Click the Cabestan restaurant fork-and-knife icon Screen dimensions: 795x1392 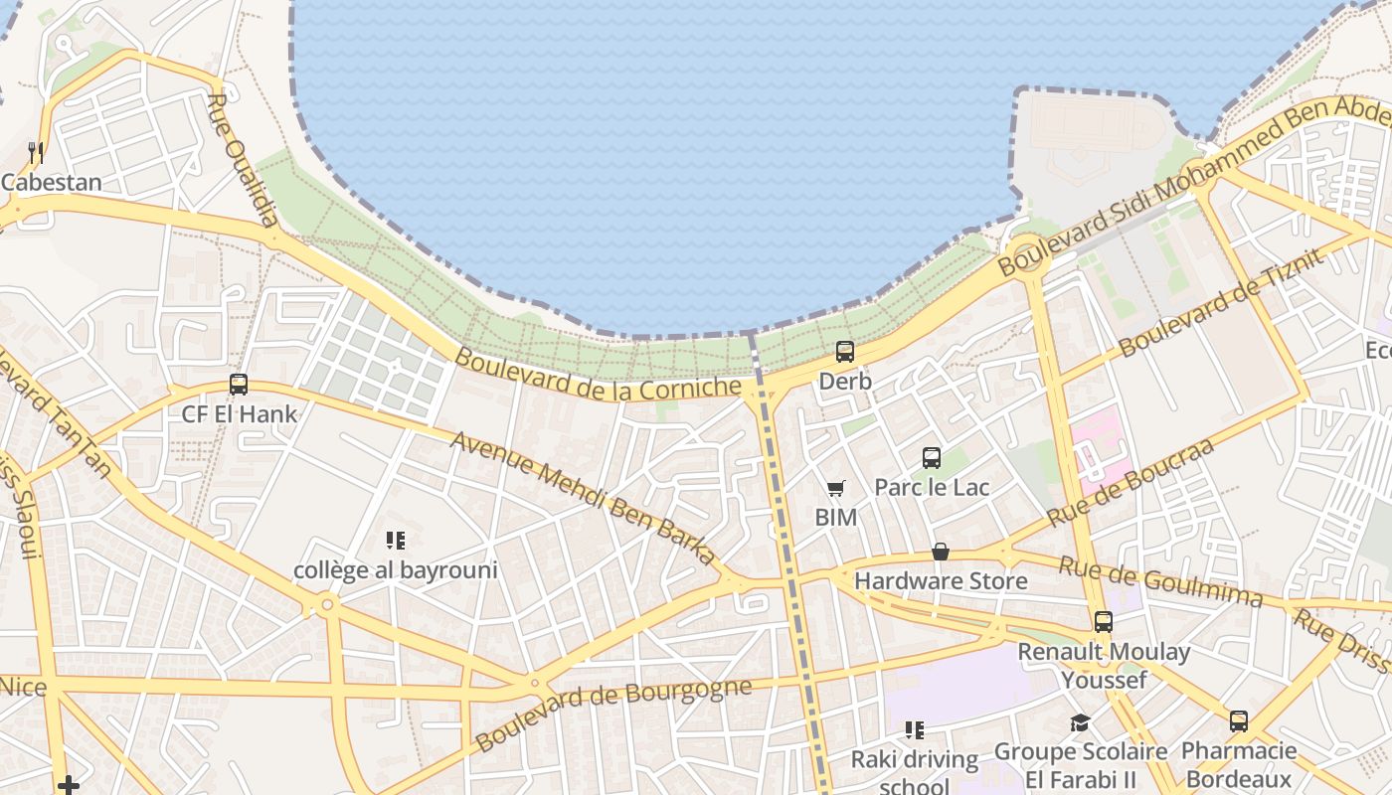pyautogui.click(x=36, y=152)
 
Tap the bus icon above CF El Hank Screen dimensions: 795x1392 pyautogui.click(x=239, y=385)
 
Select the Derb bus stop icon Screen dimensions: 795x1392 pyautogui.click(x=845, y=351)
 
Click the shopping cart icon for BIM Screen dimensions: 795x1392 pyautogui.click(x=835, y=488)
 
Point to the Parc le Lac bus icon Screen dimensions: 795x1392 pyautogui.click(x=932, y=458)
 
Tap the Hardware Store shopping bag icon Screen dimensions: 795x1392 pyautogui.click(x=941, y=552)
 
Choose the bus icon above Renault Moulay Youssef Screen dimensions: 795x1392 pyautogui.click(x=1104, y=622)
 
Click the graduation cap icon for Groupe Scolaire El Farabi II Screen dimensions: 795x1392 pyautogui.click(x=1080, y=722)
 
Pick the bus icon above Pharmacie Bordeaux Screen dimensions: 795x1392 pyautogui.click(x=1239, y=721)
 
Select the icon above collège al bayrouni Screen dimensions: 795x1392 pyautogui.click(x=396, y=541)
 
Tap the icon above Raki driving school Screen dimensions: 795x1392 pyautogui.click(x=915, y=730)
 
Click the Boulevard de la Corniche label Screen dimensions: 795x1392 pyautogui.click(x=600, y=374)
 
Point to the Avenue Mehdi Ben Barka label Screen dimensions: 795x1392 pyautogui.click(x=583, y=498)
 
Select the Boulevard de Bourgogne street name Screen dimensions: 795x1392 pyautogui.click(x=612, y=715)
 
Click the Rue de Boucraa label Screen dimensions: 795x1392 pyautogui.click(x=1131, y=483)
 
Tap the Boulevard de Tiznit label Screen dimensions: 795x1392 pyautogui.click(x=1222, y=301)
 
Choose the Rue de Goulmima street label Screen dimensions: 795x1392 pyautogui.click(x=1159, y=582)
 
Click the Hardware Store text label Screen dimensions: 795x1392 pyautogui.click(x=941, y=580)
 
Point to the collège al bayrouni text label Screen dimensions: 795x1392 pyautogui.click(x=396, y=570)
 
